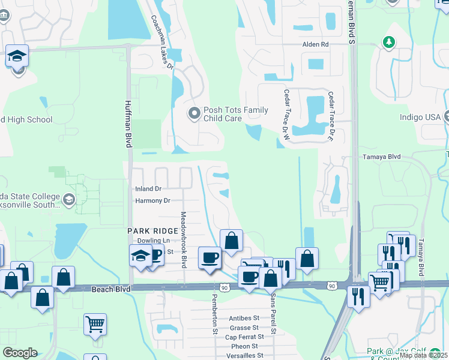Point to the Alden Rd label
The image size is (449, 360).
click(316, 44)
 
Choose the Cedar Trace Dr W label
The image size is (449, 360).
click(286, 109)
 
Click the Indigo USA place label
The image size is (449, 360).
click(420, 117)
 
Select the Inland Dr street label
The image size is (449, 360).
click(148, 188)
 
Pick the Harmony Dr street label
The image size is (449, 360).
click(152, 200)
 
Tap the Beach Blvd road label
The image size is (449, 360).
click(111, 289)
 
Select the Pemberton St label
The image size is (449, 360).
click(214, 312)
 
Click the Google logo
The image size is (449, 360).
click(20, 353)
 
